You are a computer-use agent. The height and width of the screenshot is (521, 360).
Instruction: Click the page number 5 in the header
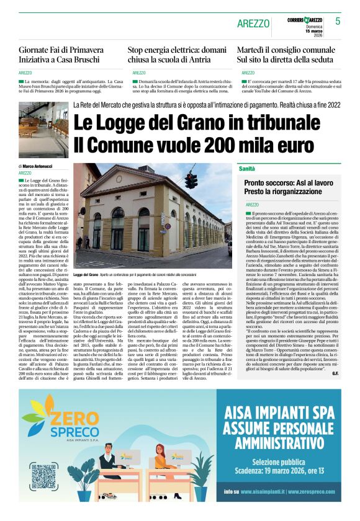coord(338,21)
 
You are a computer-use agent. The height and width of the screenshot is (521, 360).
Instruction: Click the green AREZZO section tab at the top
coord(253,24)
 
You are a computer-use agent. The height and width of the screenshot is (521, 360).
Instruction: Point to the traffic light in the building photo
coord(191,180)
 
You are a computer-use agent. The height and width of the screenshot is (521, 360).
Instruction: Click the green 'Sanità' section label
coord(247,169)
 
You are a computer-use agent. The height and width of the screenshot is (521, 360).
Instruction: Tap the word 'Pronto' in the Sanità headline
coord(257,184)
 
